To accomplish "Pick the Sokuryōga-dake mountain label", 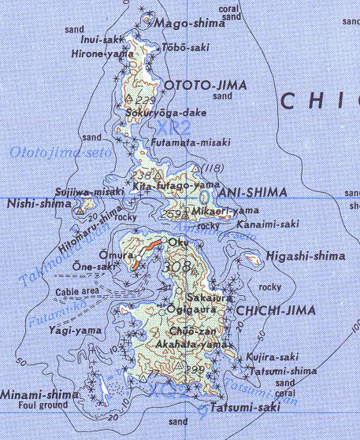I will point(166,113).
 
